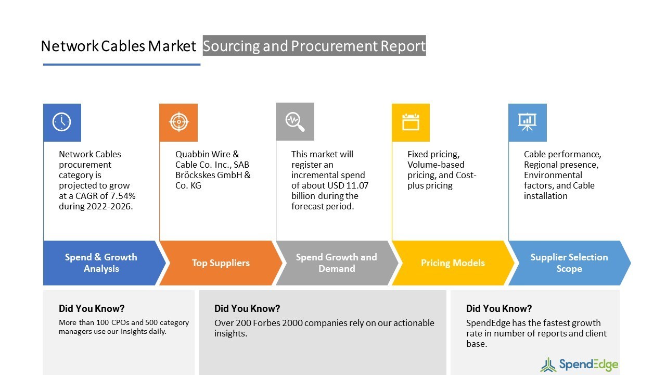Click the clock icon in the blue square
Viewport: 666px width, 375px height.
62,122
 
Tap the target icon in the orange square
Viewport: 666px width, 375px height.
178,122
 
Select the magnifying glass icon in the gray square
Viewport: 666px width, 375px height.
294,121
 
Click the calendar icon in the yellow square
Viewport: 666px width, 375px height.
411,122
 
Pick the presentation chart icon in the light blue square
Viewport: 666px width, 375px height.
527,122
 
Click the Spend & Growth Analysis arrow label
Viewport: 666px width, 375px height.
101,263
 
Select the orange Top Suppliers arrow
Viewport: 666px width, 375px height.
220,263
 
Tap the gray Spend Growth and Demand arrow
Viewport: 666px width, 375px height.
336,263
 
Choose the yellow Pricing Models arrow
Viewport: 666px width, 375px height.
452,263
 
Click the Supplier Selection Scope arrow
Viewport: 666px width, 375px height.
569,263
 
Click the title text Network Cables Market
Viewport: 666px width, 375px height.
118,46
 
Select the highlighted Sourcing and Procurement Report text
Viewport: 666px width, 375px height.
314,46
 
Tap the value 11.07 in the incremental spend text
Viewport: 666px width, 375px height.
357,185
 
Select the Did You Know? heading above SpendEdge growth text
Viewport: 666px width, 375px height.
498,308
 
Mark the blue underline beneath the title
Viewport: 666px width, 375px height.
122,65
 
